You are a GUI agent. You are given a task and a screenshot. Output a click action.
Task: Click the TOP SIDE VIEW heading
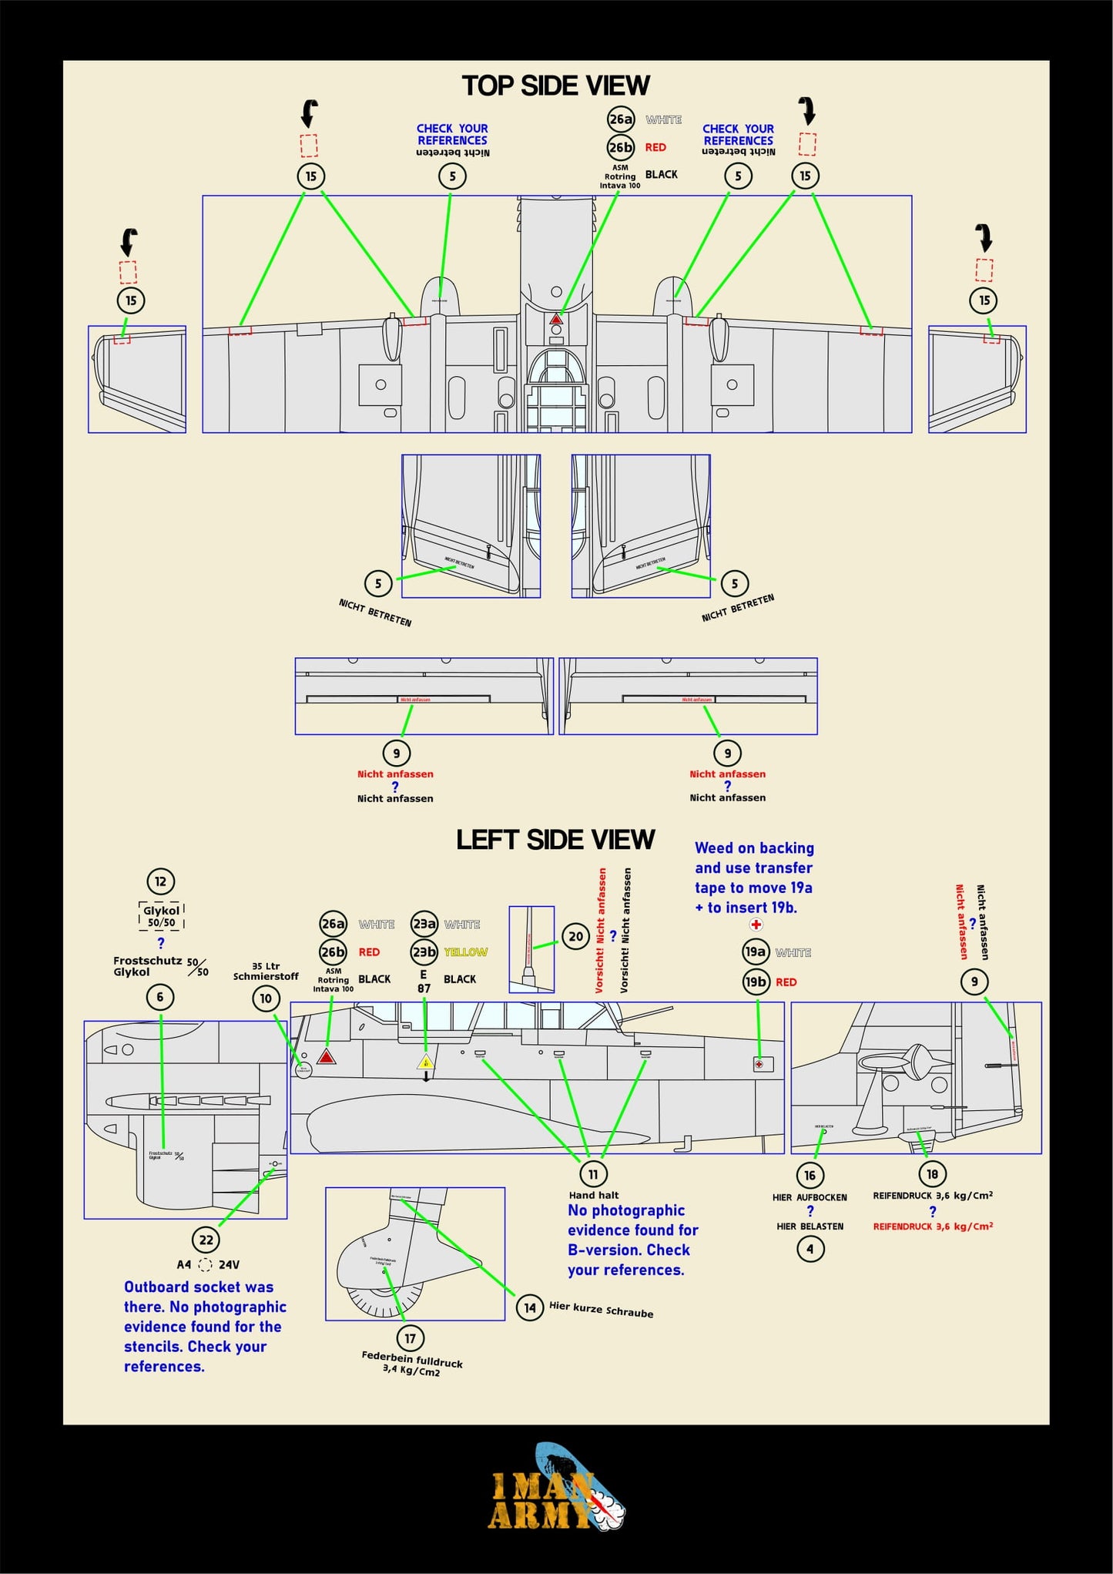coord(555,86)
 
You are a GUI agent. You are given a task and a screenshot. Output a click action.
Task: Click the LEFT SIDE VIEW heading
coord(555,839)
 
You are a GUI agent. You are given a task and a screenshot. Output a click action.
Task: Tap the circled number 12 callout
coord(160,881)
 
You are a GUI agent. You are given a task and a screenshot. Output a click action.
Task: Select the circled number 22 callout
coord(206,1240)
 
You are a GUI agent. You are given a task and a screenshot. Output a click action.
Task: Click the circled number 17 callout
coord(410,1338)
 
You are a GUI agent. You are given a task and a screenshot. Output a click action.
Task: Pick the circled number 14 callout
coord(529,1307)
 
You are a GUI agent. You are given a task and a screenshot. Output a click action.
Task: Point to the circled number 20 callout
coord(575,937)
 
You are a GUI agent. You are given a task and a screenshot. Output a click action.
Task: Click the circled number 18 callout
coord(932,1174)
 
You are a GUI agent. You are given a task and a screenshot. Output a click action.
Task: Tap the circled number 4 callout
coord(810,1249)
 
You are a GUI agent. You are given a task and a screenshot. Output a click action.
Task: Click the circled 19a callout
coord(756,951)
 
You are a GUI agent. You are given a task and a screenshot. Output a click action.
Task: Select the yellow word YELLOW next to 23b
coord(466,952)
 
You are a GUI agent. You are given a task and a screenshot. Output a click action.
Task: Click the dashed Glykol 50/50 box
coord(161,916)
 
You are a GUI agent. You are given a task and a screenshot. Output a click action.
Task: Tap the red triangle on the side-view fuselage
coord(327,1056)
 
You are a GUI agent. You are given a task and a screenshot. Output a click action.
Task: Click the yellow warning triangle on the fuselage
coord(425,1062)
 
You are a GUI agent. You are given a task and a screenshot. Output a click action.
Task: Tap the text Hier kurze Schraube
coord(601,1310)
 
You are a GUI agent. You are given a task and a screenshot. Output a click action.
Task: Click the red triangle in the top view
coord(556,319)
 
